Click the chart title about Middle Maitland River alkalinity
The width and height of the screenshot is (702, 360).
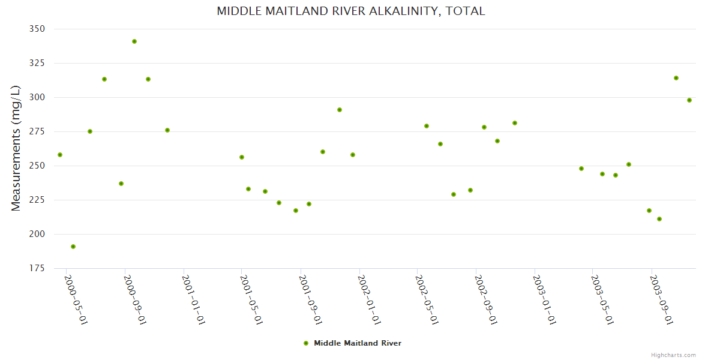(x=350, y=11)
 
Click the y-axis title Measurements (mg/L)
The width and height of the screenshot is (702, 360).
(x=16, y=148)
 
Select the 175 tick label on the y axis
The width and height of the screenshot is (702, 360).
(x=37, y=268)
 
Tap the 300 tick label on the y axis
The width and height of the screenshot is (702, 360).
(x=37, y=97)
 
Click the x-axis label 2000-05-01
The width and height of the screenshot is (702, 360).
(x=76, y=300)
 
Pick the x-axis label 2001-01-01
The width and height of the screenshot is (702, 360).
(x=193, y=300)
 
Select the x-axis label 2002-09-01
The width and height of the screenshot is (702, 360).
(x=485, y=300)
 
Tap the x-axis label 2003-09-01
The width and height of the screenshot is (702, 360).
(x=661, y=300)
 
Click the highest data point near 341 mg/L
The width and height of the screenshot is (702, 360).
(x=134, y=41)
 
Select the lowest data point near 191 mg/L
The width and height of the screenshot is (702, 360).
(x=73, y=247)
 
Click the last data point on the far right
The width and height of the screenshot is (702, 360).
(x=689, y=100)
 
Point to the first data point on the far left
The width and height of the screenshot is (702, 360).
(x=60, y=155)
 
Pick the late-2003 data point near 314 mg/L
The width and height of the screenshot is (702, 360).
(x=676, y=78)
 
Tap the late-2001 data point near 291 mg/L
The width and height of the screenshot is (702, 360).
(x=340, y=110)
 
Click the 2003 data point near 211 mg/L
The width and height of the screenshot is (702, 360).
(x=659, y=219)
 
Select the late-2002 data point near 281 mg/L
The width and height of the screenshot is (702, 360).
(x=515, y=123)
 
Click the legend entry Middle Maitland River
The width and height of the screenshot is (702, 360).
(x=357, y=343)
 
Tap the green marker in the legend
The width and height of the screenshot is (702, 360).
(x=306, y=343)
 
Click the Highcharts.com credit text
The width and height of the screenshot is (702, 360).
(x=673, y=355)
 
